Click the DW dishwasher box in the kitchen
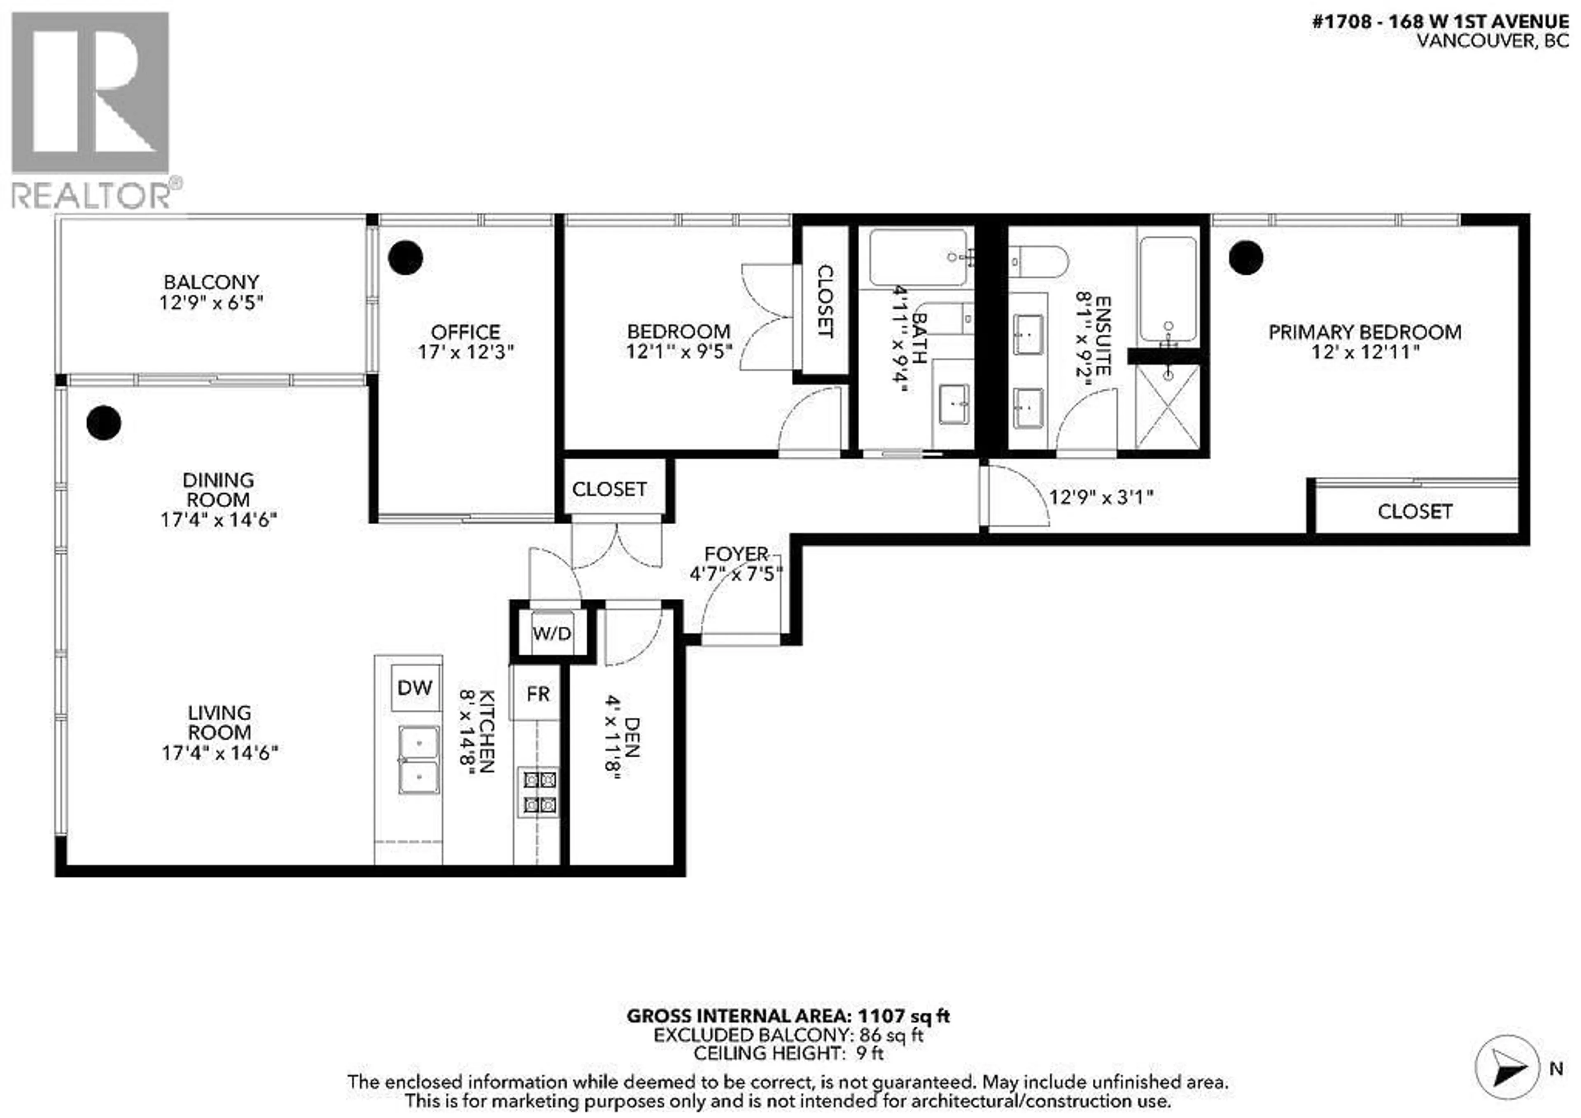pyautogui.click(x=415, y=687)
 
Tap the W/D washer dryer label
pyautogui.click(x=552, y=633)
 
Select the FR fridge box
pyautogui.click(x=538, y=694)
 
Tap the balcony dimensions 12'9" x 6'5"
pyautogui.click(x=211, y=302)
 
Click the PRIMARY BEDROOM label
pyautogui.click(x=1365, y=332)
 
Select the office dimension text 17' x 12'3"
pyautogui.click(x=466, y=352)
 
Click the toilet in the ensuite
pyautogui.click(x=1038, y=262)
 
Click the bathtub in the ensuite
pyautogui.click(x=1168, y=289)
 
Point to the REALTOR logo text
pyautogui.click(x=91, y=196)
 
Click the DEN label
pyautogui.click(x=632, y=737)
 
